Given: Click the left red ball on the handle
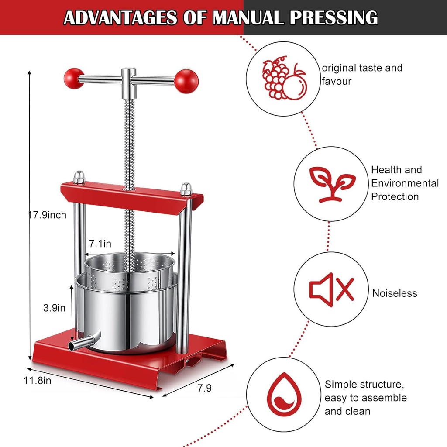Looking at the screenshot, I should coord(74,78).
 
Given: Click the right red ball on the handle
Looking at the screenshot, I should coord(186,81).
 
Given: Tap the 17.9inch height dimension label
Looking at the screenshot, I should coord(47,215).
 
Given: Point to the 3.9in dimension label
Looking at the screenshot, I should coord(54,308).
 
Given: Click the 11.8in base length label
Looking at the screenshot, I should coord(37,380).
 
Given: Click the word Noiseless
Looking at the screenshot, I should coord(394,293).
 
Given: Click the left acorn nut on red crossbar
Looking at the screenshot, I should coord(79,177).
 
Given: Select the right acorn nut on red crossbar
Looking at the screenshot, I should coord(186,189).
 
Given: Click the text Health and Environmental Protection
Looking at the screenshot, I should coord(405,183).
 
